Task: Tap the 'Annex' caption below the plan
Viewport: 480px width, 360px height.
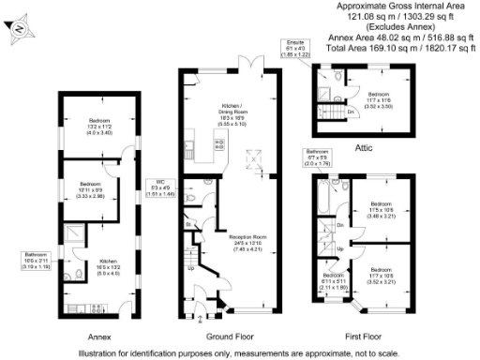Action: click(99, 336)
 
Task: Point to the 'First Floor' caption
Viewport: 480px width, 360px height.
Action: click(363, 336)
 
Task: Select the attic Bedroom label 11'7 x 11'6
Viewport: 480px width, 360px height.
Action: click(378, 100)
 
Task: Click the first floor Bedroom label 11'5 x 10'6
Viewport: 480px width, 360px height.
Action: click(381, 209)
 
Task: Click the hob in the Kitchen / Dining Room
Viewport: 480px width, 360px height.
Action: click(219, 145)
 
